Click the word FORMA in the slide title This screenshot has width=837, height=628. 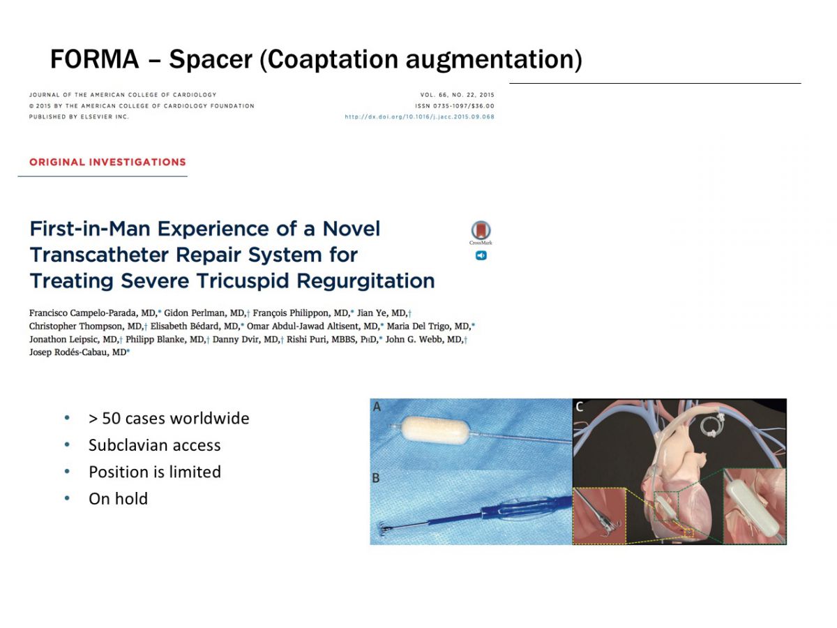pos(95,59)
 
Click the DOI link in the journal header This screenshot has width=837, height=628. pos(419,117)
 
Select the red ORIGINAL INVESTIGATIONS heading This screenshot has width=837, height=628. pos(107,162)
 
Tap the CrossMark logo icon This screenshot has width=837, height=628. pos(481,232)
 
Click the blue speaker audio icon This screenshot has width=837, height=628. pos(481,255)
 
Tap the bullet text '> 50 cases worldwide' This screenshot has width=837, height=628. pos(169,418)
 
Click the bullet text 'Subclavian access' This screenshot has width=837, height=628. pos(154,445)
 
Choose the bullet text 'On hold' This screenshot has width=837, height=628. pos(118,499)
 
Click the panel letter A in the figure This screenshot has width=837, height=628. pos(377,407)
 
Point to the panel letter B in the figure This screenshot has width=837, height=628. pos(376,478)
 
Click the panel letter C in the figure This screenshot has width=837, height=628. pos(580,407)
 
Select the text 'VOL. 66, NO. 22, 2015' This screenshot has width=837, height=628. pos(457,95)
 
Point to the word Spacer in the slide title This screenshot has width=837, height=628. pos(211,59)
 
